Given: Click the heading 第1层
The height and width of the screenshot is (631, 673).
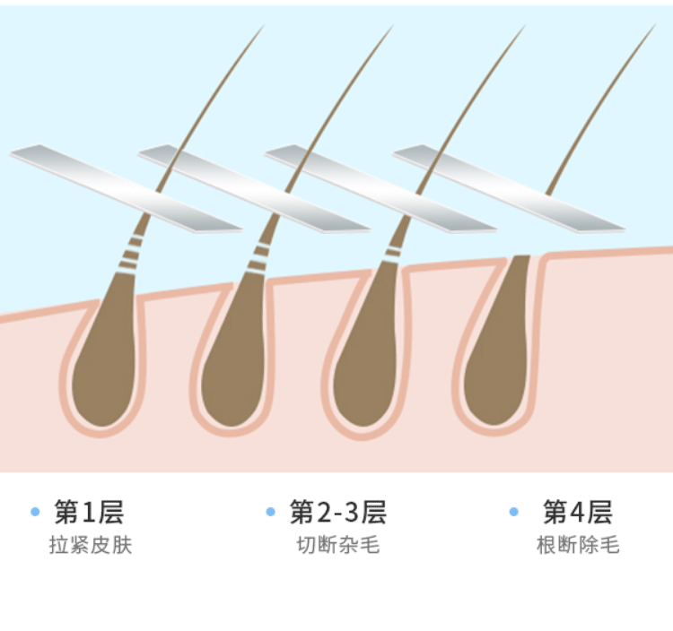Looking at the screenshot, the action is (89, 512).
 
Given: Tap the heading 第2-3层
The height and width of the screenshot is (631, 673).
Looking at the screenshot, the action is (337, 512).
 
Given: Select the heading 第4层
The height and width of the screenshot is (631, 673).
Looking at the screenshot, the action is (577, 512).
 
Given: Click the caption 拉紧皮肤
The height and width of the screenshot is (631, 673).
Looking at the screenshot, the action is (91, 545).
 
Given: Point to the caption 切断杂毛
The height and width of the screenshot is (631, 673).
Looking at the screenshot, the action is (337, 545).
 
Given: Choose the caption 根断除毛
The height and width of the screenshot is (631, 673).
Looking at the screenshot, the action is (578, 545).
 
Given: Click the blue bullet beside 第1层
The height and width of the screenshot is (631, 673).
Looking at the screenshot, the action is (35, 512).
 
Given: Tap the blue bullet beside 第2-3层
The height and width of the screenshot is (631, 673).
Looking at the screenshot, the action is (270, 512).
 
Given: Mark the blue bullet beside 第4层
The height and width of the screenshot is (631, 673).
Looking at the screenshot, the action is (514, 512).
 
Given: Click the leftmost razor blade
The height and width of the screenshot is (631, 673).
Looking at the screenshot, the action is (126, 187).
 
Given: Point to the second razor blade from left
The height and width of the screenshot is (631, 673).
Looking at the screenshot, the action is (254, 187).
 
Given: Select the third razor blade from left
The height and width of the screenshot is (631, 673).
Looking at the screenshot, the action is (381, 187).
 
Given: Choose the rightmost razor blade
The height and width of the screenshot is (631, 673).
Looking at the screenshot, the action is (509, 187).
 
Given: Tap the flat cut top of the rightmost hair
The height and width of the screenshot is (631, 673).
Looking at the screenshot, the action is (521, 256).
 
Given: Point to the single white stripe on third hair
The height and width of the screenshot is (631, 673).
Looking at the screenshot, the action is (393, 252).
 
